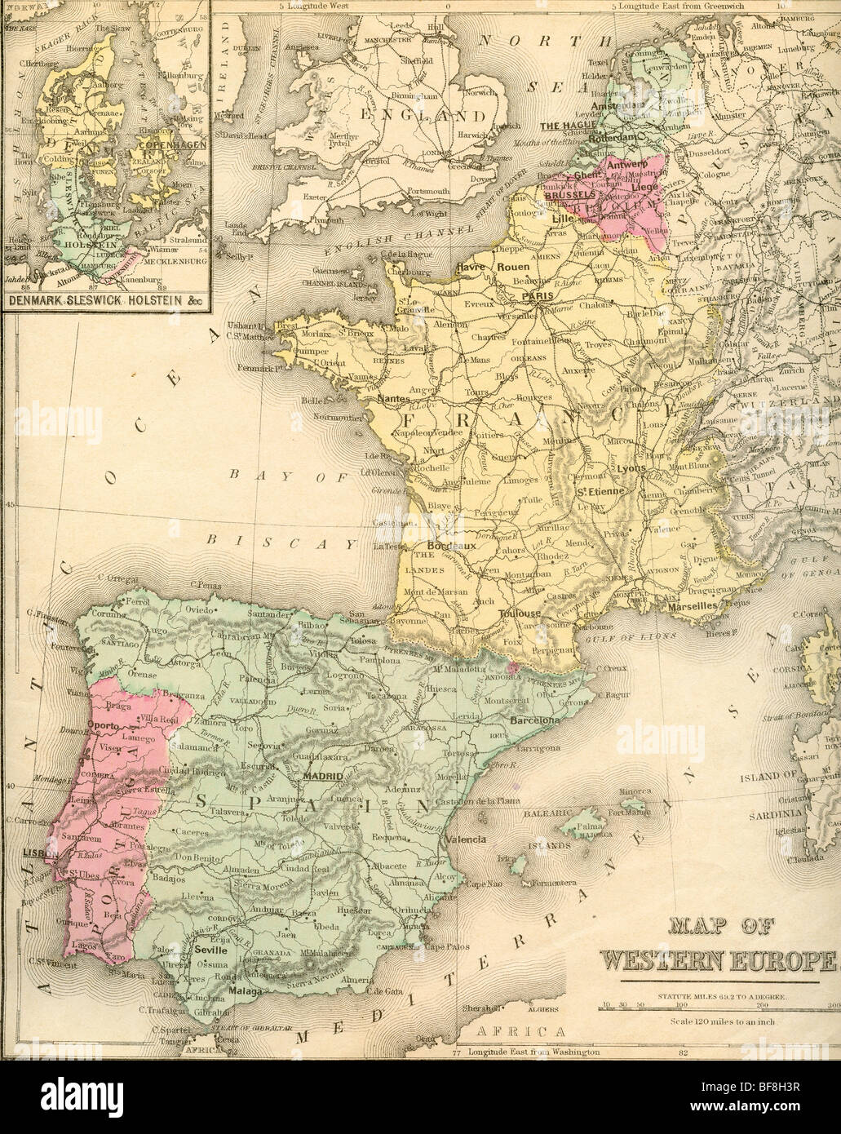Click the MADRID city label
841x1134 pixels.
320,777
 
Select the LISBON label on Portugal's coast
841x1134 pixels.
32,852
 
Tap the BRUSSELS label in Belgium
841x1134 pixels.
567,196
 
